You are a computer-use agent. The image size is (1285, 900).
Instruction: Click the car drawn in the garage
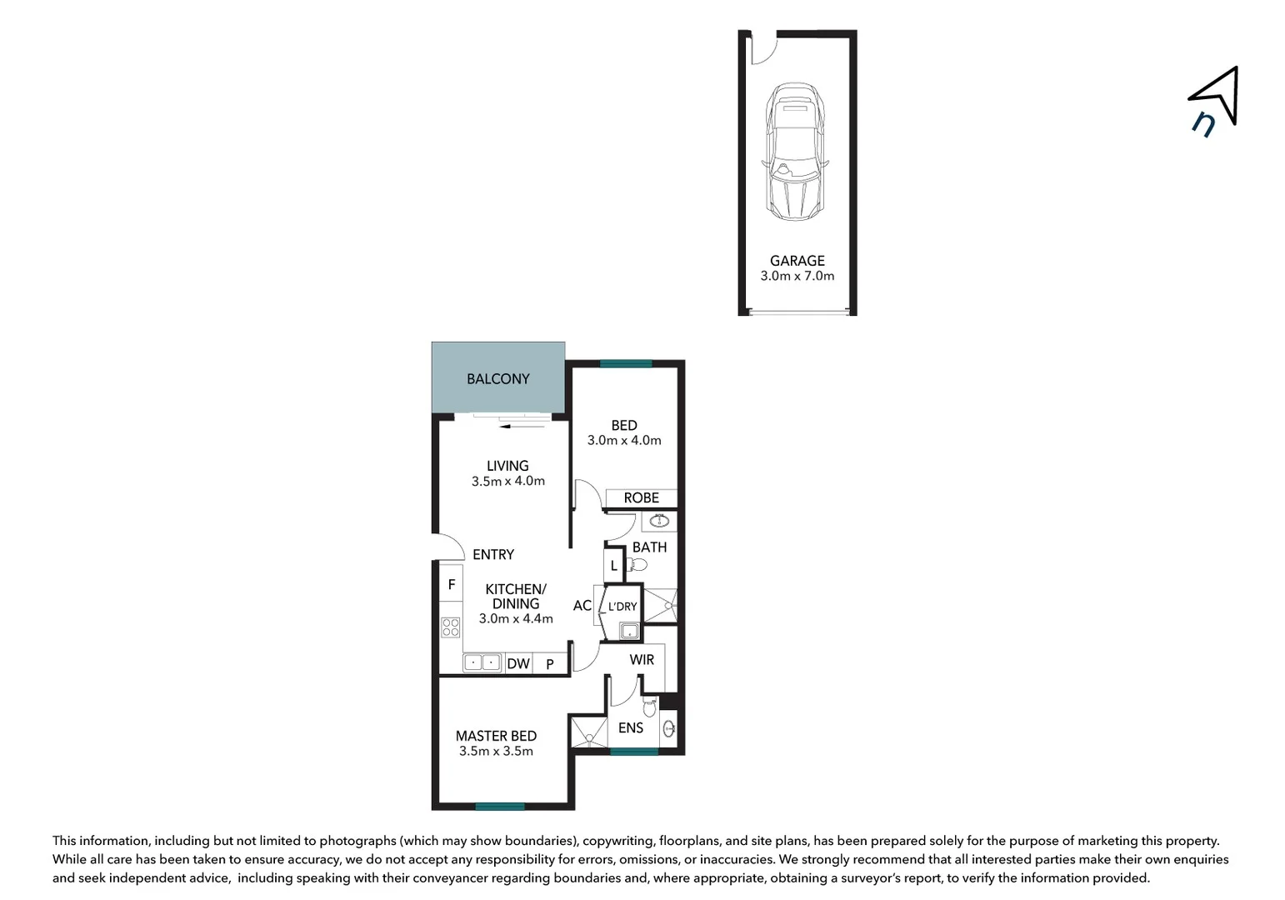pos(796,152)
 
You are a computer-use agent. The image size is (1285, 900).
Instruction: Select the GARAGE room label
pos(797,261)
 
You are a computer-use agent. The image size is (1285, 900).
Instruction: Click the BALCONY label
pos(497,379)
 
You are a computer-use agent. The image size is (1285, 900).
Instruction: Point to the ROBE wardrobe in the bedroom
pos(641,498)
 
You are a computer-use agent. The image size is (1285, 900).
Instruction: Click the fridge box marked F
pos(451,585)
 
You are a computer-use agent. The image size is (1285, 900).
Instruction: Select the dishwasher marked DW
pos(518,664)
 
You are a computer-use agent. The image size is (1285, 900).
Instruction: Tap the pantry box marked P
pos(550,664)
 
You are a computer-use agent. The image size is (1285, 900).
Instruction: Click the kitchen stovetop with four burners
pos(450,627)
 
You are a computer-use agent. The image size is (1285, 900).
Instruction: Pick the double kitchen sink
pos(482,663)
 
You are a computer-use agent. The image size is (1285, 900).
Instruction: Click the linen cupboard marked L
pos(614,566)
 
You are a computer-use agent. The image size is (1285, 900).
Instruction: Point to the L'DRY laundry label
pos(622,607)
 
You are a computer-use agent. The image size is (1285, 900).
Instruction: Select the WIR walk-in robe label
pos(642,660)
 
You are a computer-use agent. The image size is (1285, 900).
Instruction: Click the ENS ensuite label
pos(630,728)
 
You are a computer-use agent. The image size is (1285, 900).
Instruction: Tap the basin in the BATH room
pos(659,522)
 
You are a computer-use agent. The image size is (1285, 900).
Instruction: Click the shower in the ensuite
pos(588,732)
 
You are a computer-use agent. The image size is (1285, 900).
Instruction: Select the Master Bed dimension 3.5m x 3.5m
pos(496,752)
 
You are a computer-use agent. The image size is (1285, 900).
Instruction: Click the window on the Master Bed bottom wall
pos(500,806)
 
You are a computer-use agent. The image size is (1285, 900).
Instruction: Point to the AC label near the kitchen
pos(582,606)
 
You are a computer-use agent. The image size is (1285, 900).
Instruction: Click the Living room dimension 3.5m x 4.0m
pos(507,482)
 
